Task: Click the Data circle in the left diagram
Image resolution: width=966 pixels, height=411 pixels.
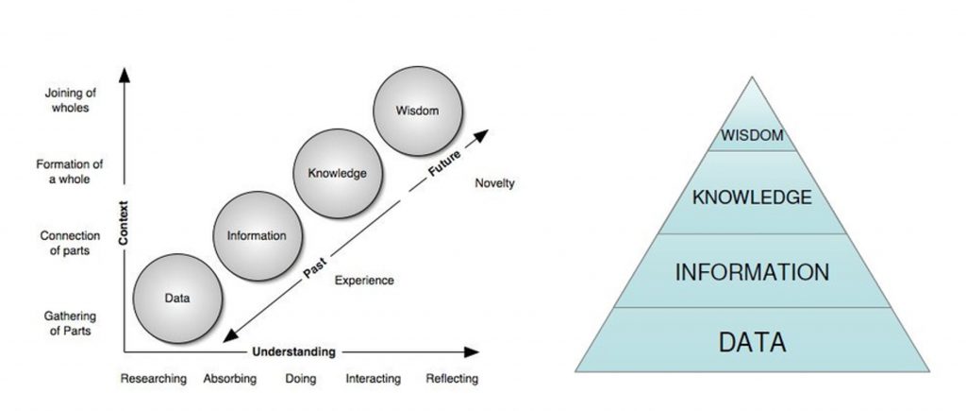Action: pyautogui.click(x=176, y=298)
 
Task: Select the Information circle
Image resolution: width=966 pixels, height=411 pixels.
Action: pyautogui.click(x=257, y=235)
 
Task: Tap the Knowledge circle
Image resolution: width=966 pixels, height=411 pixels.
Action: pyautogui.click(x=337, y=173)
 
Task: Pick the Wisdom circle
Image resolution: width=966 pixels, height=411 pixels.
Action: pyautogui.click(x=417, y=110)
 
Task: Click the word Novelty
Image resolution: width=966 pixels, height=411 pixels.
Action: pyautogui.click(x=494, y=183)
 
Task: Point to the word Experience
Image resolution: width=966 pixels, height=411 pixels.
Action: pyautogui.click(x=364, y=280)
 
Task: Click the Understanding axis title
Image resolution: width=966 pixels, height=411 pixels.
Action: pyautogui.click(x=293, y=352)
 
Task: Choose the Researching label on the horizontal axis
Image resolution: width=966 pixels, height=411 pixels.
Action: pyautogui.click(x=154, y=379)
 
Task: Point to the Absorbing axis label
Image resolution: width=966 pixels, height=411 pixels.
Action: pyautogui.click(x=230, y=379)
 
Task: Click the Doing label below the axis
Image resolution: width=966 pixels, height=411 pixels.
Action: pyautogui.click(x=300, y=379)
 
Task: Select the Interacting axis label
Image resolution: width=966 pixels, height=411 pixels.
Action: pyautogui.click(x=373, y=379)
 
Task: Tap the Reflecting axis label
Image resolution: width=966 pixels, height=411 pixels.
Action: pyautogui.click(x=451, y=379)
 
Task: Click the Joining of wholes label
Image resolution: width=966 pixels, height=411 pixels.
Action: pyautogui.click(x=66, y=100)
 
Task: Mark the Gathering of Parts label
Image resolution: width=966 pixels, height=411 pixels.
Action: pyautogui.click(x=71, y=323)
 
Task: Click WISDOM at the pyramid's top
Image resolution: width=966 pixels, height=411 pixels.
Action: pyautogui.click(x=752, y=135)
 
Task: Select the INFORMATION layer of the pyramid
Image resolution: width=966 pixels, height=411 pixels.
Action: pyautogui.click(x=752, y=273)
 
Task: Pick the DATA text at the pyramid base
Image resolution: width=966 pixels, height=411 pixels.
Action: pyautogui.click(x=752, y=341)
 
